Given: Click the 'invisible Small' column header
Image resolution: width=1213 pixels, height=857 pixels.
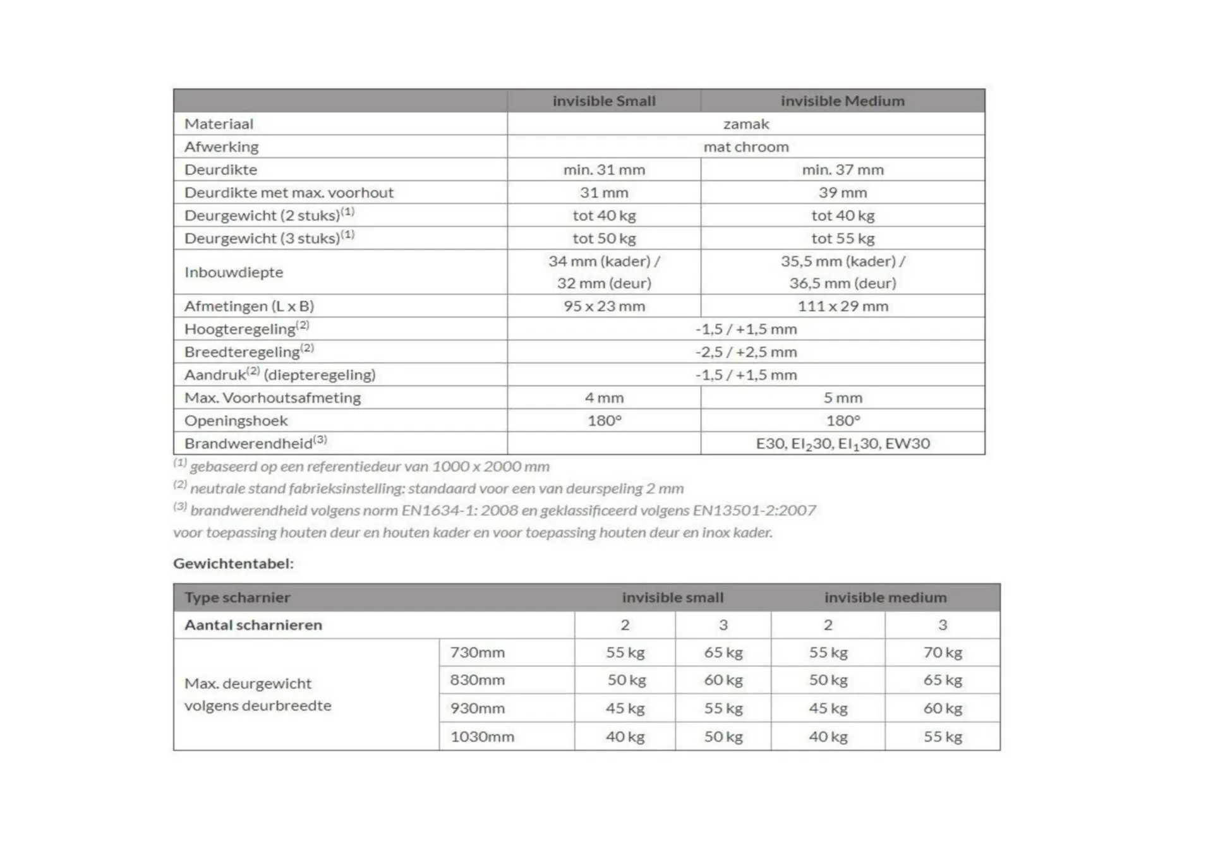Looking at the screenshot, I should point(604,101).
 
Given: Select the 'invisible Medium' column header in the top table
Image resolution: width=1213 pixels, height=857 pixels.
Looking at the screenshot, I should point(842,101).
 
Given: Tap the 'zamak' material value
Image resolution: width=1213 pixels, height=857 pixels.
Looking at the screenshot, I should point(745,124).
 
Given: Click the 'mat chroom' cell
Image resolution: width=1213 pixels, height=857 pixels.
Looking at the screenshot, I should point(745,147).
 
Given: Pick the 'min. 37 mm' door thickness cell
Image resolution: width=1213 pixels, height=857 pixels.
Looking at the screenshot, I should point(842,170).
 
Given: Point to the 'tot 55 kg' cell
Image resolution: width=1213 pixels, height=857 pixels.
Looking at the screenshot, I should point(842,239).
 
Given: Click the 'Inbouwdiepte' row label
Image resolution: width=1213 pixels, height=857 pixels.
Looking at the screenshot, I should point(234,272).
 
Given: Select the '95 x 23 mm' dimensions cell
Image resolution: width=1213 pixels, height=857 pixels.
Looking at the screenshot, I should point(604,306).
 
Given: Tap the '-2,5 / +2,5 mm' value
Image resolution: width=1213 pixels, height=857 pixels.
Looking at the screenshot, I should point(745,352).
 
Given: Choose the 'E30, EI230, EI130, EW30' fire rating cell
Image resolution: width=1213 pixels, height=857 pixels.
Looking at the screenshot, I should point(842,444).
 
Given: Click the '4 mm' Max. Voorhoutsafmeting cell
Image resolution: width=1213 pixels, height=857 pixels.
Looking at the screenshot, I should point(604,398).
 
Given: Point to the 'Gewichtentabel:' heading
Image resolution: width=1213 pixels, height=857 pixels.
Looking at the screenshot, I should point(233,563).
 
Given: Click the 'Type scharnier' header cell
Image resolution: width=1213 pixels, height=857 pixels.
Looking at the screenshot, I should point(237,597).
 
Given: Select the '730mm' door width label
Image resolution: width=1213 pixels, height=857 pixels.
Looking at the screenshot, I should point(477,652).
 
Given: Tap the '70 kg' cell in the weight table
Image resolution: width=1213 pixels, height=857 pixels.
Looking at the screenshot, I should point(942,652).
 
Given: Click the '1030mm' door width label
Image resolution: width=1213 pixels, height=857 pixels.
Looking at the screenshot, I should point(481,736).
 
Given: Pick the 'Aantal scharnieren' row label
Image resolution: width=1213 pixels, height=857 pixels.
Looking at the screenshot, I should point(253,625).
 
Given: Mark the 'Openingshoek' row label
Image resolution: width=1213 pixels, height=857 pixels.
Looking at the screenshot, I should point(236,421).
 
